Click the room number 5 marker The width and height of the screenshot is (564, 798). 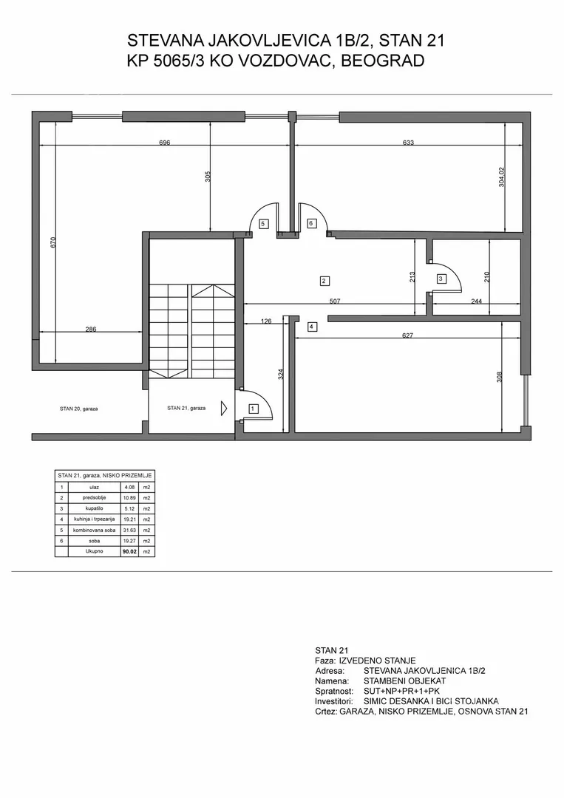coord(263,223)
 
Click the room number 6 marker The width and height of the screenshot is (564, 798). coord(311,223)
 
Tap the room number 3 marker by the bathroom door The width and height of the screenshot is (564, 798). coord(441,279)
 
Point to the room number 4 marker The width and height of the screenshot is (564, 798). coord(312,327)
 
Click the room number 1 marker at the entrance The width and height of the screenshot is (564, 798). coord(253,408)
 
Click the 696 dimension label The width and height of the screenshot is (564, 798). coord(164,143)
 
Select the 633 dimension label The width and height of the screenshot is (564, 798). coord(408,143)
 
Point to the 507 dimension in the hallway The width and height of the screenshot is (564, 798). coord(334,301)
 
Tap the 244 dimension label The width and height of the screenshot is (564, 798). coord(477,301)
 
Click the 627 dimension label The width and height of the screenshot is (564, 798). coord(407,335)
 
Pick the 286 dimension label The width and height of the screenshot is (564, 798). coord(90,330)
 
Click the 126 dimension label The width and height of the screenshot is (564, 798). coord(265,321)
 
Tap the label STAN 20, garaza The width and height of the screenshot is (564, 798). coord(78,409)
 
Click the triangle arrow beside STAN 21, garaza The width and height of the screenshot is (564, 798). coord(224,408)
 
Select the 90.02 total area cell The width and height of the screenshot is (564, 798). coord(129,551)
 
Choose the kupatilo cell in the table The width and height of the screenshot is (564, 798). coord(94,508)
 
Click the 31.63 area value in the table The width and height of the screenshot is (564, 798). coord(129,530)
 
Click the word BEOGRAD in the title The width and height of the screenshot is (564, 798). coord(383,61)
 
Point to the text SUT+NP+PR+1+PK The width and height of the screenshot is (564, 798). coord(401,691)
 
